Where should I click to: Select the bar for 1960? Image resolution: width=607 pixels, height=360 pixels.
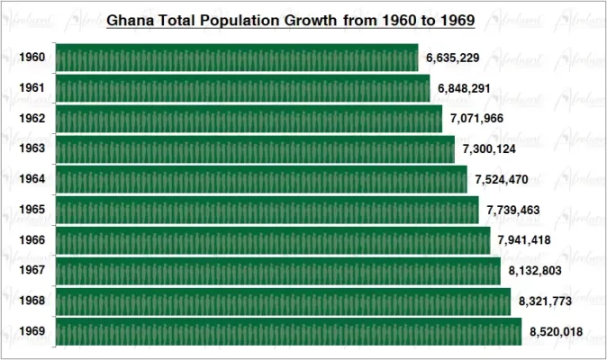coord(237,58)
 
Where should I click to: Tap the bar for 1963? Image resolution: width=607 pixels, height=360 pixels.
coord(255,149)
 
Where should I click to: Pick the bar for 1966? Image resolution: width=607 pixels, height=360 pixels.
coord(273,240)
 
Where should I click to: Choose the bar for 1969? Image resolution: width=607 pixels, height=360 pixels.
coord(288,332)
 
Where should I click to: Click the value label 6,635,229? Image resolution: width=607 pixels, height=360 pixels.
coord(453,58)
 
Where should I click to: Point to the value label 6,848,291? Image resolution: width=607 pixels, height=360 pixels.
coord(465,89)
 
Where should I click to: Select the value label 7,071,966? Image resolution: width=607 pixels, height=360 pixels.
coord(477,119)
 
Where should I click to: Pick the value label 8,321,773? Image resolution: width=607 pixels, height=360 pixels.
coord(546,301)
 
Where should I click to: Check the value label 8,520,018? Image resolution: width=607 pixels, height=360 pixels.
coord(556,332)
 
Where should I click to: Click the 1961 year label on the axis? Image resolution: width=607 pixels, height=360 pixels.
coord(32,89)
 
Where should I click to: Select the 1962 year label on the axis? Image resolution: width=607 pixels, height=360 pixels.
coord(32,119)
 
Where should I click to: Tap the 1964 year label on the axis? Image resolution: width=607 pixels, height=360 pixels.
coord(32,180)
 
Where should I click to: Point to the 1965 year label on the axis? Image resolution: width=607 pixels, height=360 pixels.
coord(32,210)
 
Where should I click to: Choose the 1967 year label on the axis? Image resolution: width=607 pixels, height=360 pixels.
coord(32,270)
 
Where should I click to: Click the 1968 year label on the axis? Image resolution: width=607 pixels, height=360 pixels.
coord(32,301)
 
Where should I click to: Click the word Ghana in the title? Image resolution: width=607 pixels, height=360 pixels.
coord(131,19)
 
